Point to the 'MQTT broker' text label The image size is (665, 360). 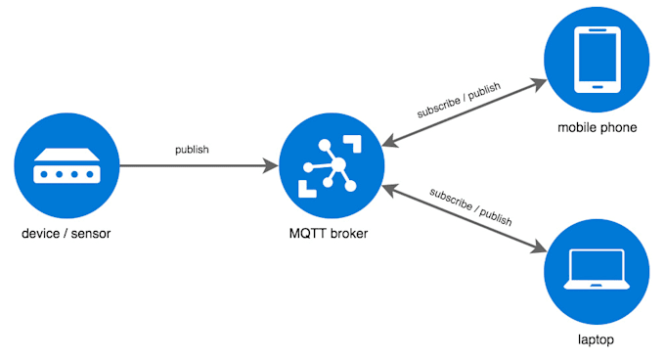pos(332,235)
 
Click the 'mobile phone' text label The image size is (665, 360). pos(597,127)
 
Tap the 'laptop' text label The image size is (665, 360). pos(597,339)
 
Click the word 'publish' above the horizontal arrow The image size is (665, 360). pos(192,150)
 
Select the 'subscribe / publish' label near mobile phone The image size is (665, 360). pos(458,100)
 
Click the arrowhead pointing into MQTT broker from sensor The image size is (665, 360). pos(271,167)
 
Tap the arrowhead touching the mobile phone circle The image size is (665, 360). pos(539,84)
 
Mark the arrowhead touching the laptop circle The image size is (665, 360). pos(539,250)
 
